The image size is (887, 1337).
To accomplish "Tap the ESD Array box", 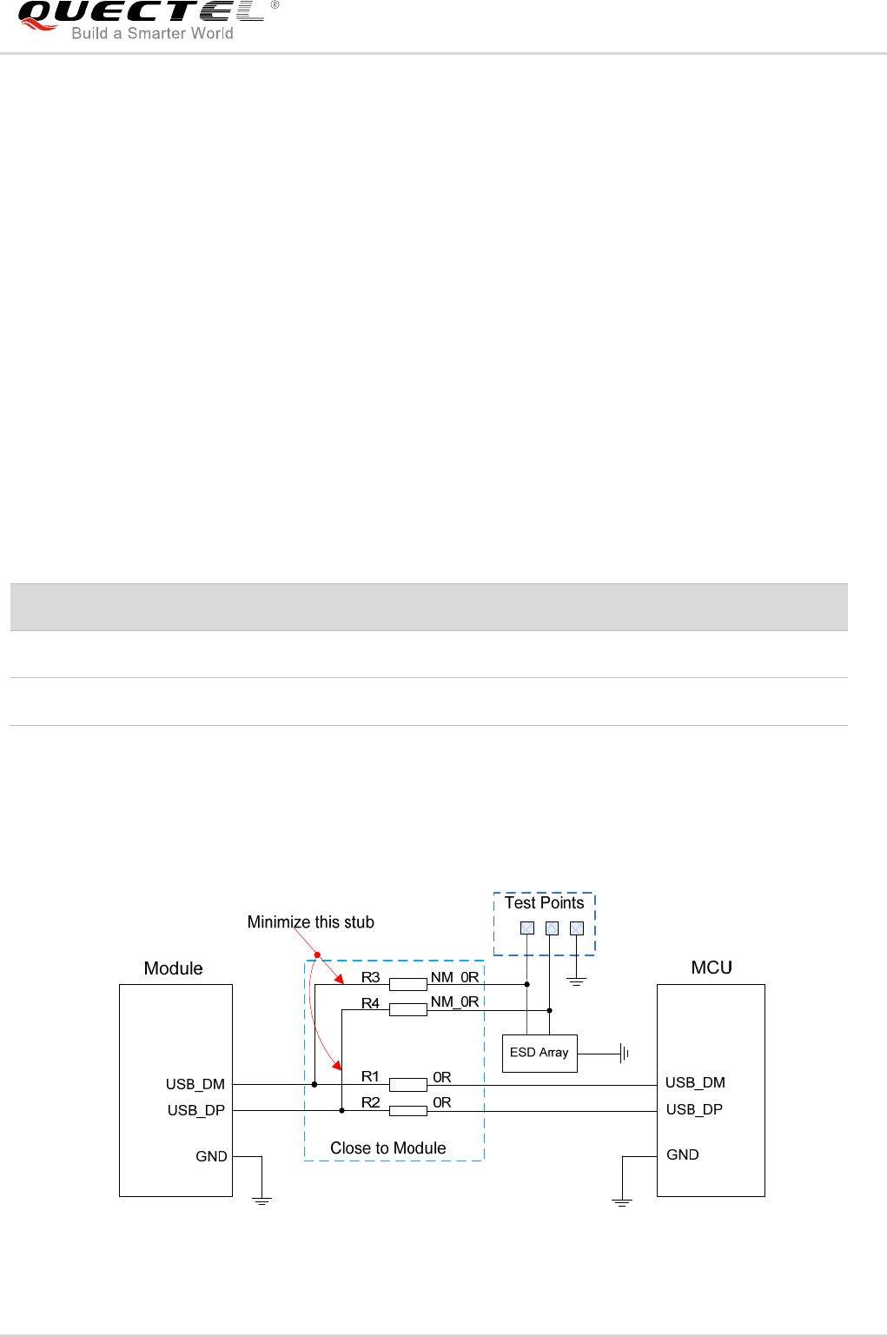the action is pos(539,1053).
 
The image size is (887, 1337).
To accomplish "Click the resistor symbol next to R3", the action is pos(407,984).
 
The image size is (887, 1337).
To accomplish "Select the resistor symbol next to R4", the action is pos(407,1009).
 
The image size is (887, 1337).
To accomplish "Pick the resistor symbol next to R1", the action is pos(407,1084).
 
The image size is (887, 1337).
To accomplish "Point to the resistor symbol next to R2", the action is pos(407,1110).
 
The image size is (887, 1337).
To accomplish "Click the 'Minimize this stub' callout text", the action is pos(310,922).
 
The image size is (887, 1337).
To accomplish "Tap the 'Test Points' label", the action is pos(544,903).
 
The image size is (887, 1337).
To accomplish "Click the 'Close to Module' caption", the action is pos(387,1148).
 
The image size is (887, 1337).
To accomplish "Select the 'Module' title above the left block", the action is pos(173,968).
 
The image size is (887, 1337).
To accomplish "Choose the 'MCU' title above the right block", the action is pos(711,968).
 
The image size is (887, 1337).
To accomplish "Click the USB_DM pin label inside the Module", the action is pos(195,1084).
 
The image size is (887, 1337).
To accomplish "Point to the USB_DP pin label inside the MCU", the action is pos(694,1109).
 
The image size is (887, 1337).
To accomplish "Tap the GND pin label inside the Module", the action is pos(211,1156).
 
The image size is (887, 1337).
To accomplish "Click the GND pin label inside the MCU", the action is pos(682,1154).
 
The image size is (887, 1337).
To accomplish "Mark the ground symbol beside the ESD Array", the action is pos(624,1054).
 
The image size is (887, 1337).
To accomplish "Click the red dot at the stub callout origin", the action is pos(317,955).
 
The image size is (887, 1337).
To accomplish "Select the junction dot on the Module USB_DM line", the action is pos(314,1084).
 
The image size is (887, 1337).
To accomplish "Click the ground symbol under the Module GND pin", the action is pos(261,1201).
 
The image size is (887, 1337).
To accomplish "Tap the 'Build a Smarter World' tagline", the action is pos(152,34).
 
